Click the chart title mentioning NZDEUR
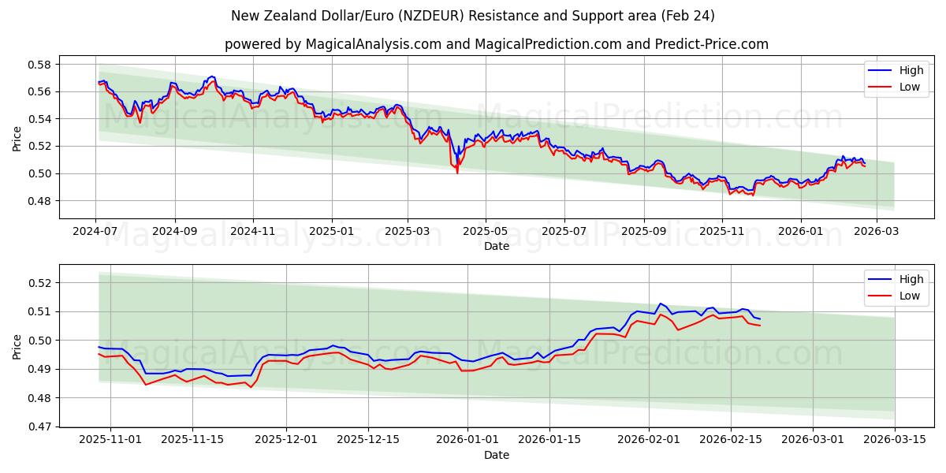pyautogui.click(x=473, y=16)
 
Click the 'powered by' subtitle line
pyautogui.click(x=497, y=44)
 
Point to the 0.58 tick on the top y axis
pyautogui.click(x=40, y=65)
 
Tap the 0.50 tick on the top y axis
pyautogui.click(x=40, y=173)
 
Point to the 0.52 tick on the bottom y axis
pyautogui.click(x=40, y=282)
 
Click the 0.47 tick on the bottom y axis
pyautogui.click(x=40, y=426)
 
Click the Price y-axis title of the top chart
pyautogui.click(x=17, y=138)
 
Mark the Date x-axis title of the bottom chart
pyautogui.click(x=497, y=455)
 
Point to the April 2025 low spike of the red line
pyautogui.click(x=457, y=173)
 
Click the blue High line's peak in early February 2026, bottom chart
pyautogui.click(x=661, y=304)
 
